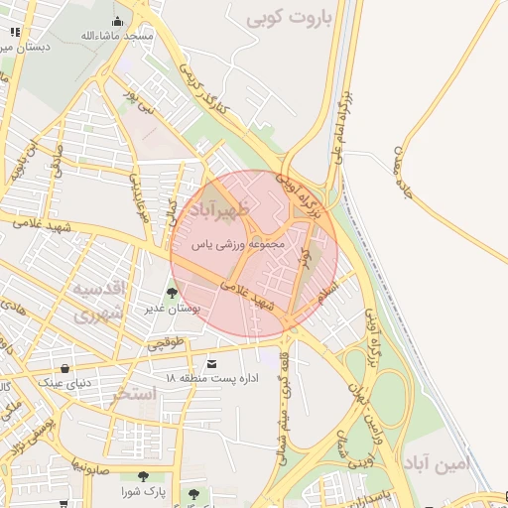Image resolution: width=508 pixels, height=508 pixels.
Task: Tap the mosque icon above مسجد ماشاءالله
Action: tap(118, 22)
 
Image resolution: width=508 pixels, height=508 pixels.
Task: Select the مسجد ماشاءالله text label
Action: tap(118, 36)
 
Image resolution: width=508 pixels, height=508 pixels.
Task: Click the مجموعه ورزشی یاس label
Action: tap(242, 243)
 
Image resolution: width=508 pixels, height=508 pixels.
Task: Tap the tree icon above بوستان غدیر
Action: tap(173, 293)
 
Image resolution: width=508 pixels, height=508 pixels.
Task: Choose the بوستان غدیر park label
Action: tap(173, 309)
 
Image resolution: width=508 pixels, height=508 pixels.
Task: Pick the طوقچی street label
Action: tap(167, 343)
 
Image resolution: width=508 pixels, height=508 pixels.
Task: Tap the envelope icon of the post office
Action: tap(211, 364)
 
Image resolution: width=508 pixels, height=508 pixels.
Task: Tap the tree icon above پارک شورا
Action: tap(145, 476)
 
